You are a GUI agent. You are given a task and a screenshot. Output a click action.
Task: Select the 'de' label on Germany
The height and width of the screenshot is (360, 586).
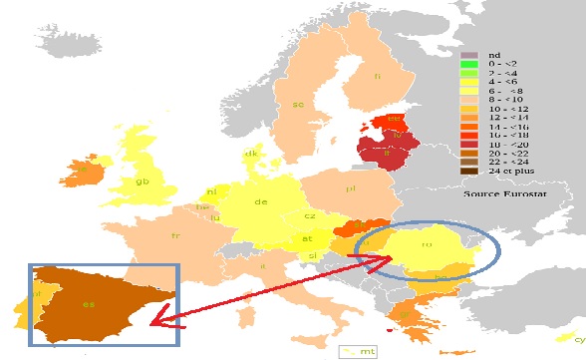coord(262,202)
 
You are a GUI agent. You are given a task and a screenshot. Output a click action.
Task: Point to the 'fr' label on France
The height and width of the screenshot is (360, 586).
coord(176,235)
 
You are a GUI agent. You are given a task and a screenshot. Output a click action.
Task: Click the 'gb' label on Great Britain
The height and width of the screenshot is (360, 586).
coord(144,181)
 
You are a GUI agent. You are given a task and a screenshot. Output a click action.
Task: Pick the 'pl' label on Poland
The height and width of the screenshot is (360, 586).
coord(350,187)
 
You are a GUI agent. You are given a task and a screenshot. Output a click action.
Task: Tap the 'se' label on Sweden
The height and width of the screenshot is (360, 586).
coord(298,105)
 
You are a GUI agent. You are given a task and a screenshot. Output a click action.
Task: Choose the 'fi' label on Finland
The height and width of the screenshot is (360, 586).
coord(378,76)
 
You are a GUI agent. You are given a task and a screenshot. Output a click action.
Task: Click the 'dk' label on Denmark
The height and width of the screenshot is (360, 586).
coord(251,154)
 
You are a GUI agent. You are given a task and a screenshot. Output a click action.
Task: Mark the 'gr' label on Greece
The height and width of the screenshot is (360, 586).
coord(408,317)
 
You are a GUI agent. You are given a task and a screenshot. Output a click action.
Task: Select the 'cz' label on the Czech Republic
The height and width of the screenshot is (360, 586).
coord(311,215)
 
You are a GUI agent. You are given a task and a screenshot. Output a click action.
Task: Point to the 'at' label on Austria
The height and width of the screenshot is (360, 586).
coord(307,238)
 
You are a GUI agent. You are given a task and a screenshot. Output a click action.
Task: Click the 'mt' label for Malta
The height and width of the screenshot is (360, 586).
coord(368,351)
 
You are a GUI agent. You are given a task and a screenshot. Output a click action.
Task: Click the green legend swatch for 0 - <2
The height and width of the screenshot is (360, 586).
coord(467,65)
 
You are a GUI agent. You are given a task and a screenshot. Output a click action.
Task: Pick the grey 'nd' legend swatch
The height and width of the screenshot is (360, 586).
coord(467,55)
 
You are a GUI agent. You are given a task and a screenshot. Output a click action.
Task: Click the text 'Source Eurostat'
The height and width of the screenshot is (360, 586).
coord(504,194)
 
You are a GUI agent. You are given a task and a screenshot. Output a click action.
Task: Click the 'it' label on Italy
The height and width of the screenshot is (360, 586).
coord(263,266)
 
